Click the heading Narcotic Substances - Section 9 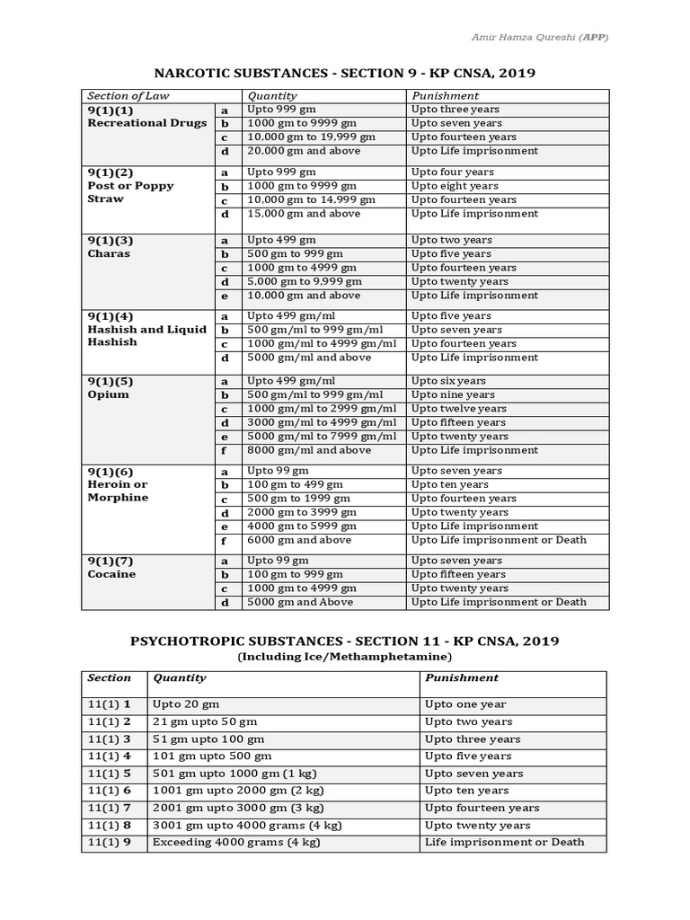pos(344,72)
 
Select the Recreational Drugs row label pos(146,123)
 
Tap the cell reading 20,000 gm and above pos(304,151)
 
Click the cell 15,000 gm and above pos(304,214)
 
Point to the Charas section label pos(109,253)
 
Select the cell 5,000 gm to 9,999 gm pos(304,281)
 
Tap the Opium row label pos(109,394)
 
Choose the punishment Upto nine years pos(453,394)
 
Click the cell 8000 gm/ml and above pos(308,450)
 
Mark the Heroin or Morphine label pos(118,491)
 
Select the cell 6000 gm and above pos(299,540)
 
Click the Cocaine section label pos(111,574)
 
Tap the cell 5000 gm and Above pos(304,602)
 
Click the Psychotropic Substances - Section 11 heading pos(344,641)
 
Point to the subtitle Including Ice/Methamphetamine pos(344,658)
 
